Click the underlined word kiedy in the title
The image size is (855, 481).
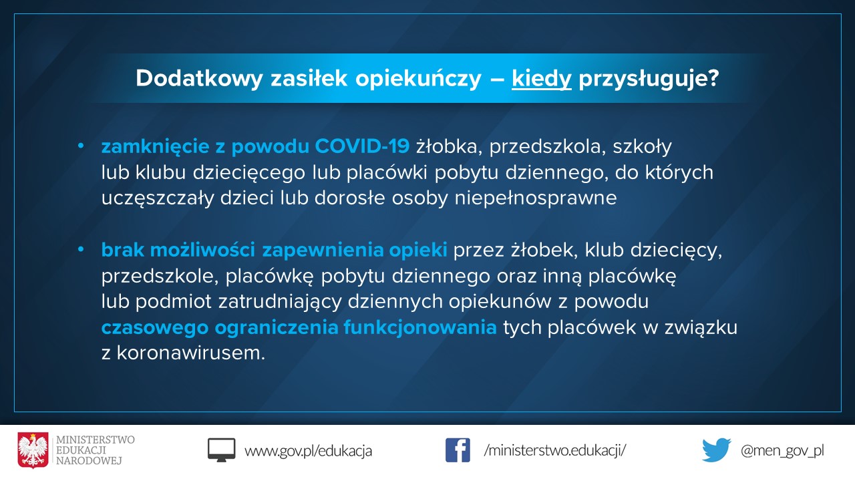click(x=541, y=79)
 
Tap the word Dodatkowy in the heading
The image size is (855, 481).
click(x=199, y=79)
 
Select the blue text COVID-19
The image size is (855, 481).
click(x=362, y=146)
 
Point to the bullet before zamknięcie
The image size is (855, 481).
click(x=81, y=146)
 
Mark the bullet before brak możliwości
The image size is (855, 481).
click(x=81, y=250)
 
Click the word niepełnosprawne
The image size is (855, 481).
click(x=536, y=198)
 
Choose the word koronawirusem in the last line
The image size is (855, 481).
click(x=190, y=353)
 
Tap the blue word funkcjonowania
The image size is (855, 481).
click(x=420, y=328)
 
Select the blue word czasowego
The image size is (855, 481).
click(x=155, y=328)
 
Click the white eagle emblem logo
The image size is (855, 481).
click(x=33, y=450)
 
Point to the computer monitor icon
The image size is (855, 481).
click(x=221, y=450)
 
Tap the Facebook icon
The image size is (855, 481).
click(x=458, y=450)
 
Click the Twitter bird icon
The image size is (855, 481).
click(x=717, y=450)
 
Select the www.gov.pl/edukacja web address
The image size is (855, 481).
click(x=308, y=451)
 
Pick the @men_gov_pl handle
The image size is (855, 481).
click(x=782, y=451)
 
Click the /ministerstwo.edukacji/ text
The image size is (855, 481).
click(x=554, y=450)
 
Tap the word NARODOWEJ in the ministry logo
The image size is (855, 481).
click(x=89, y=461)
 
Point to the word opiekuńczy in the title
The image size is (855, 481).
click(x=418, y=79)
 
